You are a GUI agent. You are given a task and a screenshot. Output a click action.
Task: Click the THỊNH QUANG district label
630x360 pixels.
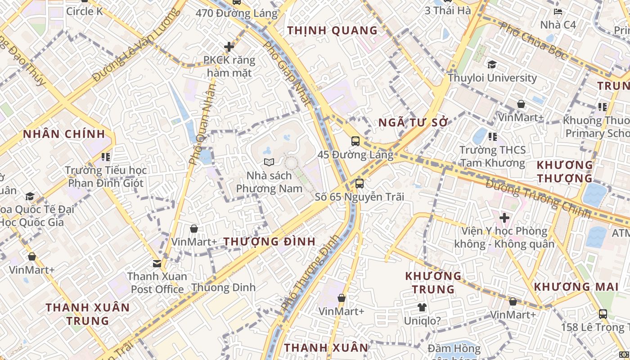click(333, 31)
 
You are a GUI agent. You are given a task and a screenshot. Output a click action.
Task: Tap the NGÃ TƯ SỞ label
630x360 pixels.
click(414, 122)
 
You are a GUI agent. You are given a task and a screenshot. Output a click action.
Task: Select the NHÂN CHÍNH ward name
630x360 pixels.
click(64, 134)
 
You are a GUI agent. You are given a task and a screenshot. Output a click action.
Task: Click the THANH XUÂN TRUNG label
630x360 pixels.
click(87, 314)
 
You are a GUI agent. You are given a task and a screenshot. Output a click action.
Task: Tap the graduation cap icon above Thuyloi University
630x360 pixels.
click(492, 65)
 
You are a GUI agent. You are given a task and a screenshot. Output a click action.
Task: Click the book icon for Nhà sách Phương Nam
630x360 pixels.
click(269, 162)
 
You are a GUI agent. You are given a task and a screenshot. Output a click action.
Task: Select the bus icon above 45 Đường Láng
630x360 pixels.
click(355, 141)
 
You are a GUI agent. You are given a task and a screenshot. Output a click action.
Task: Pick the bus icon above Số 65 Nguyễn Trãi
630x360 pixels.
click(359, 184)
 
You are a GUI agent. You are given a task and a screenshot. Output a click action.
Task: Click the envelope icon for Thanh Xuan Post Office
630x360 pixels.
click(157, 263)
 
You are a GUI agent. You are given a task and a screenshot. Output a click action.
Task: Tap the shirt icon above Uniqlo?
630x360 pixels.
click(422, 307)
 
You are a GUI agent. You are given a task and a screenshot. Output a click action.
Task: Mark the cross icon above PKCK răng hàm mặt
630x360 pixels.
click(229, 47)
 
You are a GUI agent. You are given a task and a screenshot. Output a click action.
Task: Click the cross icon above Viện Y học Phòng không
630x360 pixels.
click(504, 218)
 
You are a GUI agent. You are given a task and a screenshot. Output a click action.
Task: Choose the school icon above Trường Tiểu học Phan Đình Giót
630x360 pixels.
click(106, 157)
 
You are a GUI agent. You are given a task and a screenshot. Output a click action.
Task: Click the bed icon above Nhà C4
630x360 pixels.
click(558, 12)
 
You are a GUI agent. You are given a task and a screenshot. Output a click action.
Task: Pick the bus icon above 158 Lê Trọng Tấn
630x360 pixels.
click(603, 314)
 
